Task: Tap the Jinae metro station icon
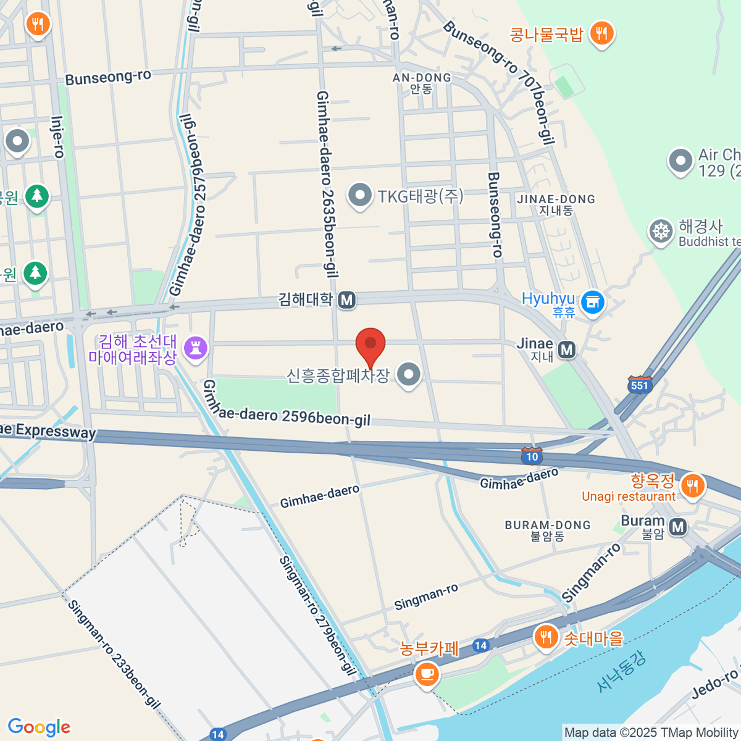[x=567, y=350]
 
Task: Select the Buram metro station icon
[x=678, y=527]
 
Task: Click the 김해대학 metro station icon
[x=347, y=300]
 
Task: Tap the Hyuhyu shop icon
[x=593, y=301]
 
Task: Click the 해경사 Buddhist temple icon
[x=661, y=232]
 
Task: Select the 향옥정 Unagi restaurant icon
[x=692, y=486]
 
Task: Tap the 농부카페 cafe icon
[x=427, y=673]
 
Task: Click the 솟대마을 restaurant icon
[x=546, y=637]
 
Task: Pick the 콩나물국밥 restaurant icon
[x=601, y=33]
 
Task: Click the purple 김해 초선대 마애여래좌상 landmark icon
[x=196, y=348]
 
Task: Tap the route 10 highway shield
[x=532, y=456]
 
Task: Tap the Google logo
[x=40, y=727]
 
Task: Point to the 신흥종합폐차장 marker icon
[x=408, y=374]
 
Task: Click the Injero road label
[x=58, y=137]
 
